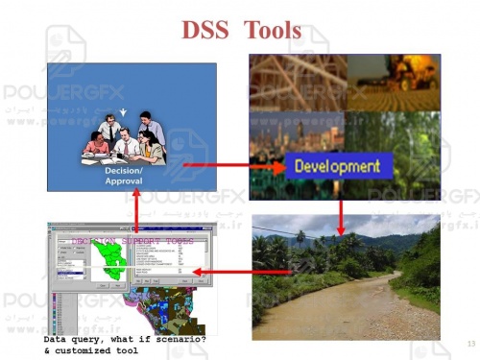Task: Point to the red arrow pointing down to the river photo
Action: [341, 215]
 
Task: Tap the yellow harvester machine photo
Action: [394, 82]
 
